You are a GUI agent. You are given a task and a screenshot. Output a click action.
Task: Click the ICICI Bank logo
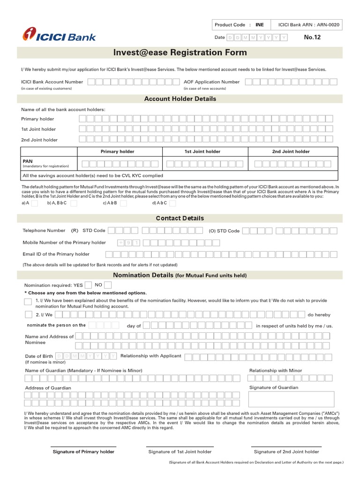pyautogui.click(x=60, y=35)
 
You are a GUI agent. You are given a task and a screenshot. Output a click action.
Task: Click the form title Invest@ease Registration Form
pyautogui.click(x=180, y=52)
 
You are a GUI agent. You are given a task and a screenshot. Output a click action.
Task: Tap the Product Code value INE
pyautogui.click(x=260, y=24)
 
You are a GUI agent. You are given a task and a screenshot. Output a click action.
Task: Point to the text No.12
pyautogui.click(x=312, y=37)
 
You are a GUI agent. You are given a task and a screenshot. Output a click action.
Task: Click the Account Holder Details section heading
pyautogui.click(x=180, y=99)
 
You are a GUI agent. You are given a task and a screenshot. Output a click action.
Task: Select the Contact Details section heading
pyautogui.click(x=180, y=218)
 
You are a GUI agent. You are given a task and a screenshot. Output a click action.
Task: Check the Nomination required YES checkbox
pyautogui.click(x=88, y=285)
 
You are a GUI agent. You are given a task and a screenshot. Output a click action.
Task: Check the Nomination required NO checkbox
pyautogui.click(x=108, y=285)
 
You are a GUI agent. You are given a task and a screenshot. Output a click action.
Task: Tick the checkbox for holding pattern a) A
pyautogui.click(x=34, y=203)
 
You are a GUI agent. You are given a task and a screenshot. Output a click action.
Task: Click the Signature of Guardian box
pyautogui.click(x=292, y=399)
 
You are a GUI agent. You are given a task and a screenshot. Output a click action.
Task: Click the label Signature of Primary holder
pyautogui.click(x=83, y=452)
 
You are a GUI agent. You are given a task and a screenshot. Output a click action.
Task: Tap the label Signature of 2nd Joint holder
pyautogui.click(x=286, y=452)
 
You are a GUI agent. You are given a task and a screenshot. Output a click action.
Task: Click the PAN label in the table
pyautogui.click(x=28, y=161)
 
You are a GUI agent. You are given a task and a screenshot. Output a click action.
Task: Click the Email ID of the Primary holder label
pyautogui.click(x=56, y=254)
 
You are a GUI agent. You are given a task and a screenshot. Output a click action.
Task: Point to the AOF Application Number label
pyautogui.click(x=211, y=82)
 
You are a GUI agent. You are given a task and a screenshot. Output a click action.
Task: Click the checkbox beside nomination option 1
pyautogui.click(x=28, y=301)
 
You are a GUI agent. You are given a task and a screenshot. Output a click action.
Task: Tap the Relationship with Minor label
pyautogui.click(x=276, y=370)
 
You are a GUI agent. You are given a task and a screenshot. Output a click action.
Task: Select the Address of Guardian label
pyautogui.click(x=48, y=388)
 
